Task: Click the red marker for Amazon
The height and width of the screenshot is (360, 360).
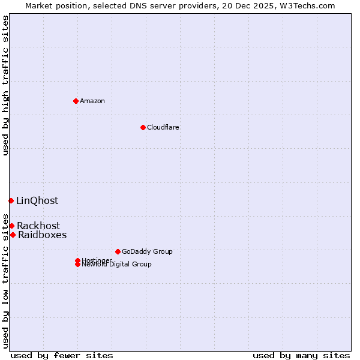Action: tap(76, 101)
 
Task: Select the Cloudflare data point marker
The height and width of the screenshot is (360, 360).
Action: tap(143, 127)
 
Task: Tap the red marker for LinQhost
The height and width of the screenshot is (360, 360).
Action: tap(11, 200)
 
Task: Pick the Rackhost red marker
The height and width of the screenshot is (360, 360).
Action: tap(11, 226)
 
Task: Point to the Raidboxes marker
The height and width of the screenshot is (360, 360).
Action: tap(13, 235)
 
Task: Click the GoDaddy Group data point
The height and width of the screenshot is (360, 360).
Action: tap(118, 251)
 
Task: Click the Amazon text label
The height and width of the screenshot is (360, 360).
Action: tap(92, 101)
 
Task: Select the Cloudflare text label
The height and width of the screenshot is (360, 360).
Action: tap(163, 127)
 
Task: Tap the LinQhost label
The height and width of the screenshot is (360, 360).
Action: tap(37, 200)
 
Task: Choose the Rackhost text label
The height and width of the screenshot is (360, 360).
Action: tap(38, 226)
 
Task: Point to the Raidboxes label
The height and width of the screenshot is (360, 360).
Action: tap(42, 235)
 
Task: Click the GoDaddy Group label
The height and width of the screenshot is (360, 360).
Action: tap(147, 251)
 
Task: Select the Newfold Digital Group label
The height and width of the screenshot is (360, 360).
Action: tap(117, 265)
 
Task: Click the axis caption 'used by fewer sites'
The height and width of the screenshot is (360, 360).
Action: tap(62, 355)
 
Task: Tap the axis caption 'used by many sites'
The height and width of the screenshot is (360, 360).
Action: tap(301, 355)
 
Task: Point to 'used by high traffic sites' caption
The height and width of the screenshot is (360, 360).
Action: tap(6, 85)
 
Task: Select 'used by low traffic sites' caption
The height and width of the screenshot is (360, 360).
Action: tap(6, 281)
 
